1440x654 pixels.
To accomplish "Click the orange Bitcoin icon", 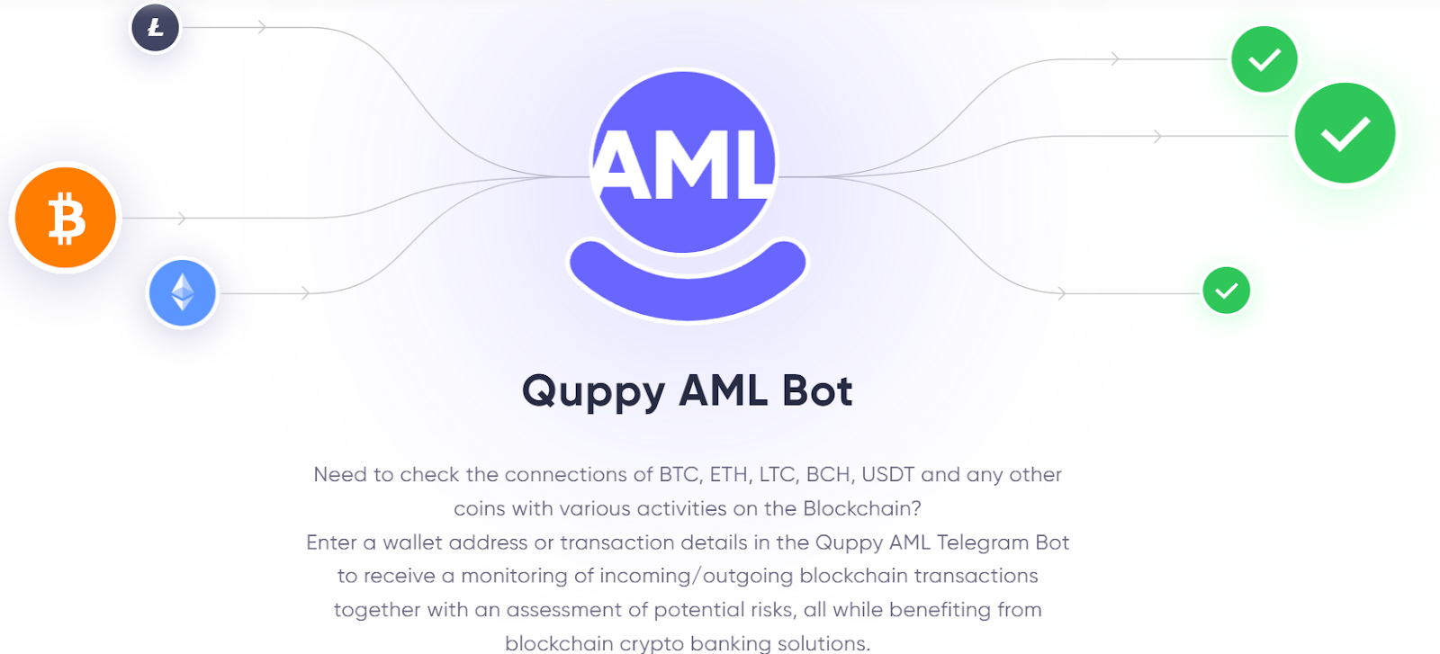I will [66, 218].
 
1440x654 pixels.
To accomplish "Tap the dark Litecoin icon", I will [156, 28].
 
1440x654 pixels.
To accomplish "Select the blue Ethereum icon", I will [183, 292].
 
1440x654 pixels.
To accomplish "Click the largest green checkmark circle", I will [1345, 133].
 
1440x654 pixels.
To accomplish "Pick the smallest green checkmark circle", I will [1226, 291].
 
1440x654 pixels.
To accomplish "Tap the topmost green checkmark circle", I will [1264, 59].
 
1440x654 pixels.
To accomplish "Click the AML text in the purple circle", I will [684, 165].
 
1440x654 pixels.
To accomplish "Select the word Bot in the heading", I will [817, 391].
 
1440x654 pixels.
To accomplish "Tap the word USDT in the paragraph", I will [887, 474].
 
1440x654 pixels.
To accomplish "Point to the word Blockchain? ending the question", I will [861, 508].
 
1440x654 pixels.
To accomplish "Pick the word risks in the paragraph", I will [772, 610].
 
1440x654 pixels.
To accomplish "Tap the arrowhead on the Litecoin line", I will [262, 28].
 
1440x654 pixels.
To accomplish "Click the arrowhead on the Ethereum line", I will [306, 293].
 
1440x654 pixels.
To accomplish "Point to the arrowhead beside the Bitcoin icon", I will [182, 219].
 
